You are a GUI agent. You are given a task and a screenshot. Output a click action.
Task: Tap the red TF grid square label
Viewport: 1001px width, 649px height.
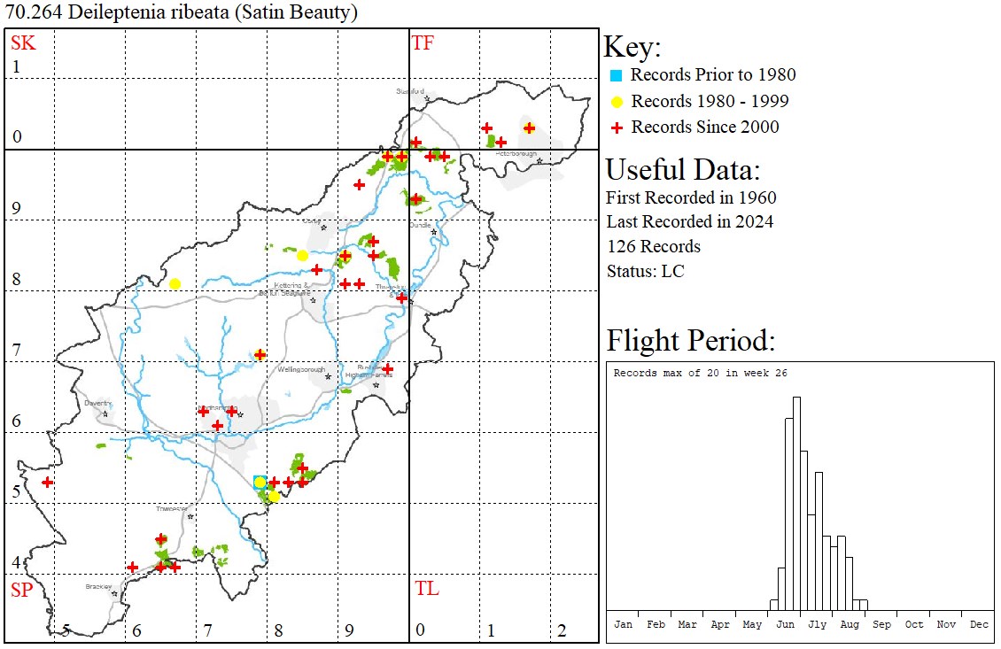point(423,42)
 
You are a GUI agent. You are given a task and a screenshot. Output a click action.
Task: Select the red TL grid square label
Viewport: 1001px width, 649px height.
point(426,589)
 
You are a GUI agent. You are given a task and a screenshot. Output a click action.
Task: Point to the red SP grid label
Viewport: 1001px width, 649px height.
point(21,590)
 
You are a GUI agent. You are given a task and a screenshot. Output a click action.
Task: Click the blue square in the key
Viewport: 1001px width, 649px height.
point(617,75)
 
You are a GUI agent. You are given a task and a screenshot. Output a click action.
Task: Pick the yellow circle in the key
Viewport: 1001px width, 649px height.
point(617,101)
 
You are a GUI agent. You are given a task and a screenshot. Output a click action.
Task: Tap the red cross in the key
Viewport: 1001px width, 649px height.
point(617,127)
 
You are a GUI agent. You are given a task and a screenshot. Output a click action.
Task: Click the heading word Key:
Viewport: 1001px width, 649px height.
point(632,48)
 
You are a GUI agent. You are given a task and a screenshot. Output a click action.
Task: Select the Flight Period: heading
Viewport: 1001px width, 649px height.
point(691,341)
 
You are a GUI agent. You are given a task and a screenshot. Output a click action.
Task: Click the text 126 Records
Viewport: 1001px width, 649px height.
point(653,246)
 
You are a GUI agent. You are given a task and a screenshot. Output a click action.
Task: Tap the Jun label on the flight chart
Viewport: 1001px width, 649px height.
point(785,624)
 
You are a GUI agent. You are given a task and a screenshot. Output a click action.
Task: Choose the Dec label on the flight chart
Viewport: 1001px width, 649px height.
point(979,624)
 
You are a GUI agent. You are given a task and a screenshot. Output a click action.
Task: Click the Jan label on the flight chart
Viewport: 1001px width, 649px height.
point(624,624)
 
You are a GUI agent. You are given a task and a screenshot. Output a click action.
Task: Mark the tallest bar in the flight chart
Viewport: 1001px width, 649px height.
point(796,505)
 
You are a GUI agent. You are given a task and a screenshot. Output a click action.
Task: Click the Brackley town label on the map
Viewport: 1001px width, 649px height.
point(98,586)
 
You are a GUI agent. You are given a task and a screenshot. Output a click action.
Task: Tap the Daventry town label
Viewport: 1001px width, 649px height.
point(97,403)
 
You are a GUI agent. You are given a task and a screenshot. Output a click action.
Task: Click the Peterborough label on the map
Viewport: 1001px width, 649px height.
point(516,154)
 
